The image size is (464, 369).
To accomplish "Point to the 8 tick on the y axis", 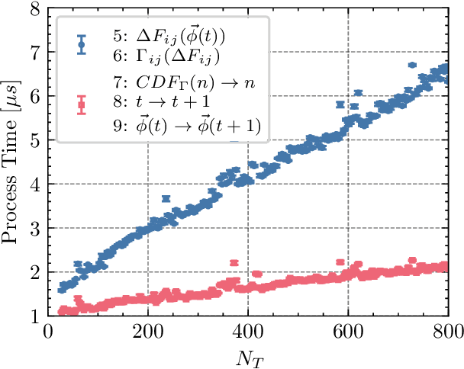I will pos(36,10).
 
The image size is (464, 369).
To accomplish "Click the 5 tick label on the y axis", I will pos(36,141).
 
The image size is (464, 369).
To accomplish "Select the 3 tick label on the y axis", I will pos(36,229).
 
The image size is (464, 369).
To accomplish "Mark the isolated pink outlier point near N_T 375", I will pos(234,262).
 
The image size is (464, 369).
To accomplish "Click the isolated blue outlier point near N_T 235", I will pos(166,198).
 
